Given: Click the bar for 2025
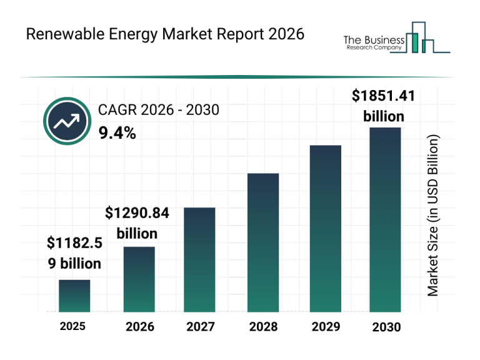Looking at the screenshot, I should [x=74, y=296].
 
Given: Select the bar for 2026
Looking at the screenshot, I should [x=139, y=279].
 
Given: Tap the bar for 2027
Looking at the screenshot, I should [x=199, y=259].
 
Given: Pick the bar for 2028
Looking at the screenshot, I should [x=262, y=242].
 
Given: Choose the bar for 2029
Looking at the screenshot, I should [x=326, y=228].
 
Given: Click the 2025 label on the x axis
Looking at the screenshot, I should [x=73, y=326].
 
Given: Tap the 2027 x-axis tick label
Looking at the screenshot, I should [x=201, y=326].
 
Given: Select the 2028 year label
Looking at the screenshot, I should [x=262, y=326].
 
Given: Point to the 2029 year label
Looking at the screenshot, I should [x=326, y=326].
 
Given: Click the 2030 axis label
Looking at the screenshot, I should [x=386, y=326].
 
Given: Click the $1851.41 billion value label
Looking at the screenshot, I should [x=384, y=106].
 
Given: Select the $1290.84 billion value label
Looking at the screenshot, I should [x=137, y=223].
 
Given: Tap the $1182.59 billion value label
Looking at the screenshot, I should [x=74, y=253].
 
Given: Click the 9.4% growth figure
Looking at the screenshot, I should [x=117, y=132].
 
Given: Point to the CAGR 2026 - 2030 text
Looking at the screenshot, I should [x=159, y=111].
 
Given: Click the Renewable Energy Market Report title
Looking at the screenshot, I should [x=165, y=34].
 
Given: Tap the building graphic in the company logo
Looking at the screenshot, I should [x=423, y=39].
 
